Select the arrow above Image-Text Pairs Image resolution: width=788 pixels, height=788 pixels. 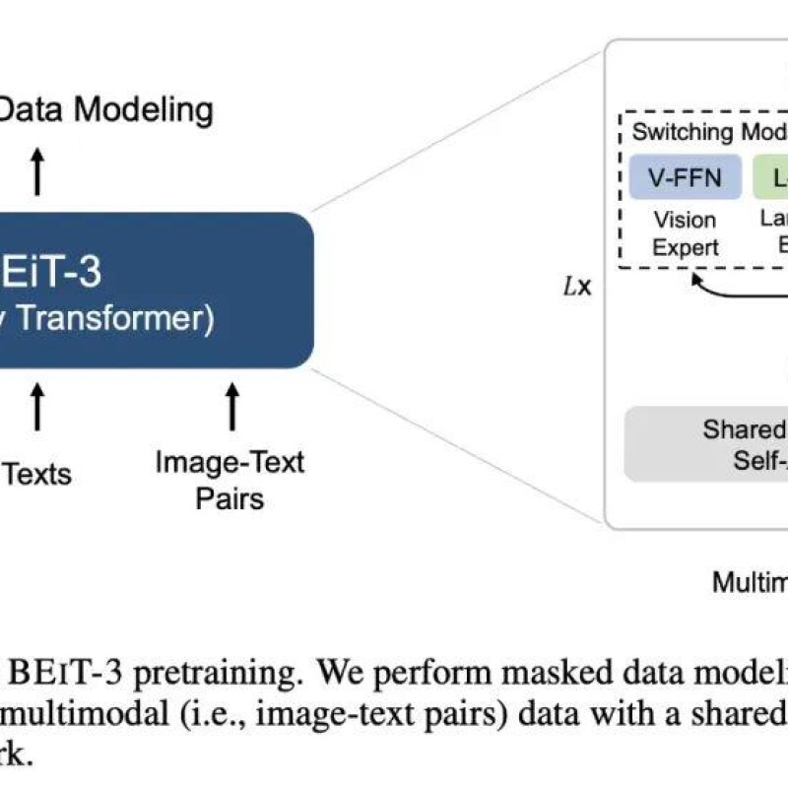(232, 407)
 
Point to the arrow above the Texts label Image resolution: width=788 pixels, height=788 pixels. (38, 407)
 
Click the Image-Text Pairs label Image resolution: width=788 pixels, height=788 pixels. (230, 479)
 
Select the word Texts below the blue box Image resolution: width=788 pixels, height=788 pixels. (38, 474)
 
